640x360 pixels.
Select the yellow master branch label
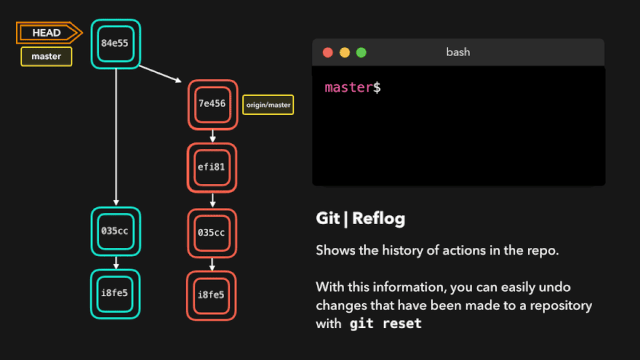pyautogui.click(x=46, y=56)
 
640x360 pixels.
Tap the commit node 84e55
pyautogui.click(x=115, y=44)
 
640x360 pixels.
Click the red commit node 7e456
pyautogui.click(x=213, y=104)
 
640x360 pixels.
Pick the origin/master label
pyautogui.click(x=268, y=104)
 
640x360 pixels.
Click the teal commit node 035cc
pyautogui.click(x=115, y=231)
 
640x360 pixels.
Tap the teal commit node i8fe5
pyautogui.click(x=115, y=294)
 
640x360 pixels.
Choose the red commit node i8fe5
pyautogui.click(x=213, y=295)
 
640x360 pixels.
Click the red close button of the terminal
pyautogui.click(x=326, y=52)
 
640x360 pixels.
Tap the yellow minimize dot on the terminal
pyautogui.click(x=344, y=52)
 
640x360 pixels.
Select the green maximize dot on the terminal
pyautogui.click(x=362, y=52)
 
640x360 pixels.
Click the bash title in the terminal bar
pyautogui.click(x=458, y=52)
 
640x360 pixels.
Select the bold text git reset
pyautogui.click(x=385, y=324)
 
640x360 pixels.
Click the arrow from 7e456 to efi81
pyautogui.click(x=213, y=136)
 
